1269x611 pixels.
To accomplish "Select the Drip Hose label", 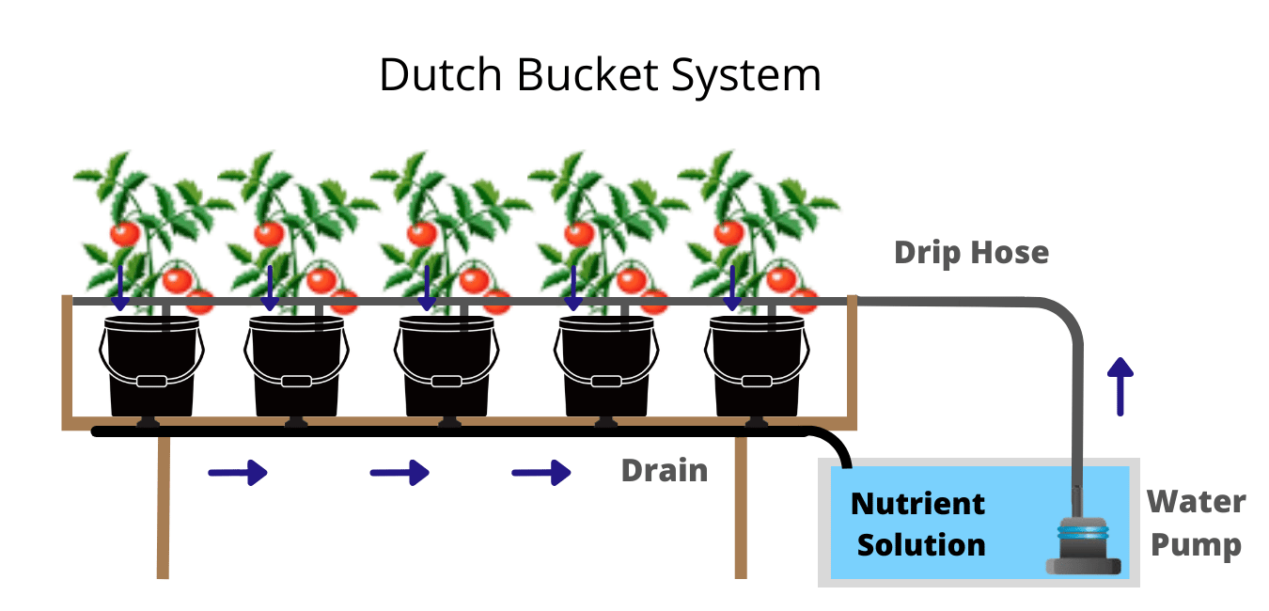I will click(971, 252).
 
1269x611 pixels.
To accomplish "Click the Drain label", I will click(664, 470).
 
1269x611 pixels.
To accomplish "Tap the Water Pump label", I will click(1196, 524).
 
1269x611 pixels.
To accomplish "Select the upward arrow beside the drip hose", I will click(1120, 385).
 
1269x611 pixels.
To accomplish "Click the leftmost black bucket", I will click(150, 367).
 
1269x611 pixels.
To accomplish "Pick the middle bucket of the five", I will click(446, 367).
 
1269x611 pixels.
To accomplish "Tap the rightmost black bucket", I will click(758, 367).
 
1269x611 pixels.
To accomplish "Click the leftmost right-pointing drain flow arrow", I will click(238, 472).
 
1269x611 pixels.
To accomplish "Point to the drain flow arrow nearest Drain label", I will click(541, 472).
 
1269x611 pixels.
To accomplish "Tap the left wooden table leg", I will click(164, 508).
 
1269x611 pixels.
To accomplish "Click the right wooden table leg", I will click(741, 508).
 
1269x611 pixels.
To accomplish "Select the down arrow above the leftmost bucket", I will click(119, 288).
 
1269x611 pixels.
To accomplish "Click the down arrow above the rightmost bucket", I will click(730, 288).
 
